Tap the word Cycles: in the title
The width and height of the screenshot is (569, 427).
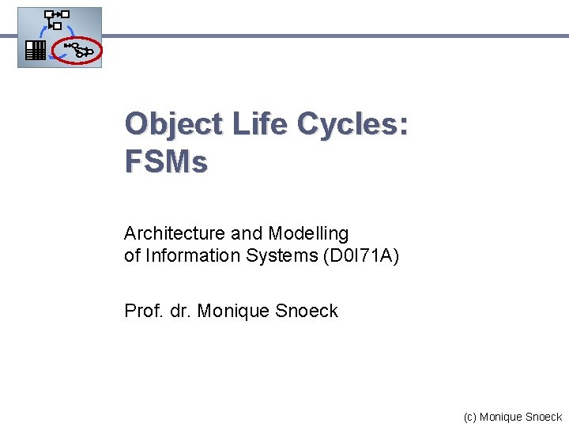point(352,124)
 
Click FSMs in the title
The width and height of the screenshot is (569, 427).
point(166,162)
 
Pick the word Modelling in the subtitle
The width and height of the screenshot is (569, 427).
point(308,233)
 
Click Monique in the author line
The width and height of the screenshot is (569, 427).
point(233,311)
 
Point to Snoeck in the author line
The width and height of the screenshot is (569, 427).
point(307,311)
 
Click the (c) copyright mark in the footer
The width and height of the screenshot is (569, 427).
point(470,417)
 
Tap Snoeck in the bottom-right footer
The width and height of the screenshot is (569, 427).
point(544,417)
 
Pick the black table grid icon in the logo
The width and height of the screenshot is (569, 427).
point(33,51)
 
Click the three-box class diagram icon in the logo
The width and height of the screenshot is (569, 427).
point(56,19)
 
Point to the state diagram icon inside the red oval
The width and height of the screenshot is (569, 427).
point(79,51)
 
